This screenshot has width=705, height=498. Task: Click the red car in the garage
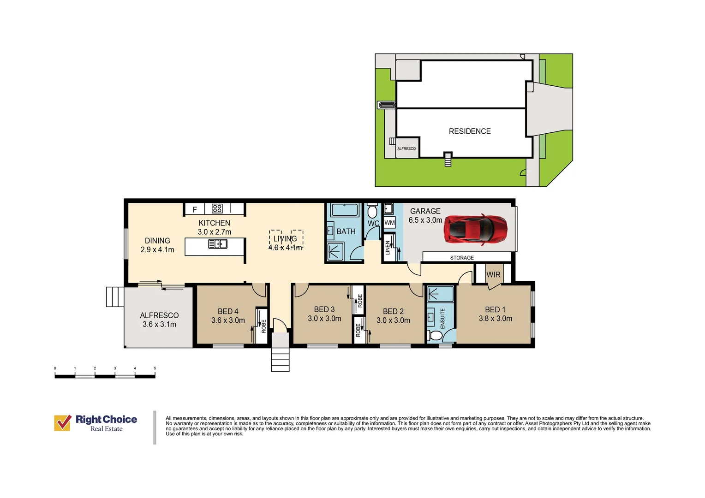[x=476, y=230]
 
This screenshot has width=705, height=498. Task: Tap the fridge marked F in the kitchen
[x=195, y=209]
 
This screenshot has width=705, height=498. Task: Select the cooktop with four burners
[x=217, y=208]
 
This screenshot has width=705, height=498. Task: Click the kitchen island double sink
[x=218, y=244]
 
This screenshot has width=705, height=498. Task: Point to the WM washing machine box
[x=389, y=223]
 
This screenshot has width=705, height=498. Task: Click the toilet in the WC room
[x=372, y=211]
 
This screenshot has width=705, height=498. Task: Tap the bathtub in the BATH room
[x=345, y=210]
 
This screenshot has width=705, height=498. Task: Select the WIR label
[x=493, y=275]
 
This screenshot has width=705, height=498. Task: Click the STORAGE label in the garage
[x=462, y=258]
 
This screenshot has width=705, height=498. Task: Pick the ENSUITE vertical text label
[x=442, y=318]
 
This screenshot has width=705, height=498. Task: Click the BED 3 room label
[x=324, y=309]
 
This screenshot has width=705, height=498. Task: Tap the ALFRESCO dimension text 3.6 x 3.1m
[x=159, y=324]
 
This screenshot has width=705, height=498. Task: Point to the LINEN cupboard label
[x=388, y=248]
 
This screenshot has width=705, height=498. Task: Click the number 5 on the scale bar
[x=155, y=368]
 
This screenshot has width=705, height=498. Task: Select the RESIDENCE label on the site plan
[x=470, y=131]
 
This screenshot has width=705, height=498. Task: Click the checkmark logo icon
[x=63, y=422]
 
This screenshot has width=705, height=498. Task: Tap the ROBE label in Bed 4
[x=264, y=326]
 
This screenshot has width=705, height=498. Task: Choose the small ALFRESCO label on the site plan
[x=406, y=148]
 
